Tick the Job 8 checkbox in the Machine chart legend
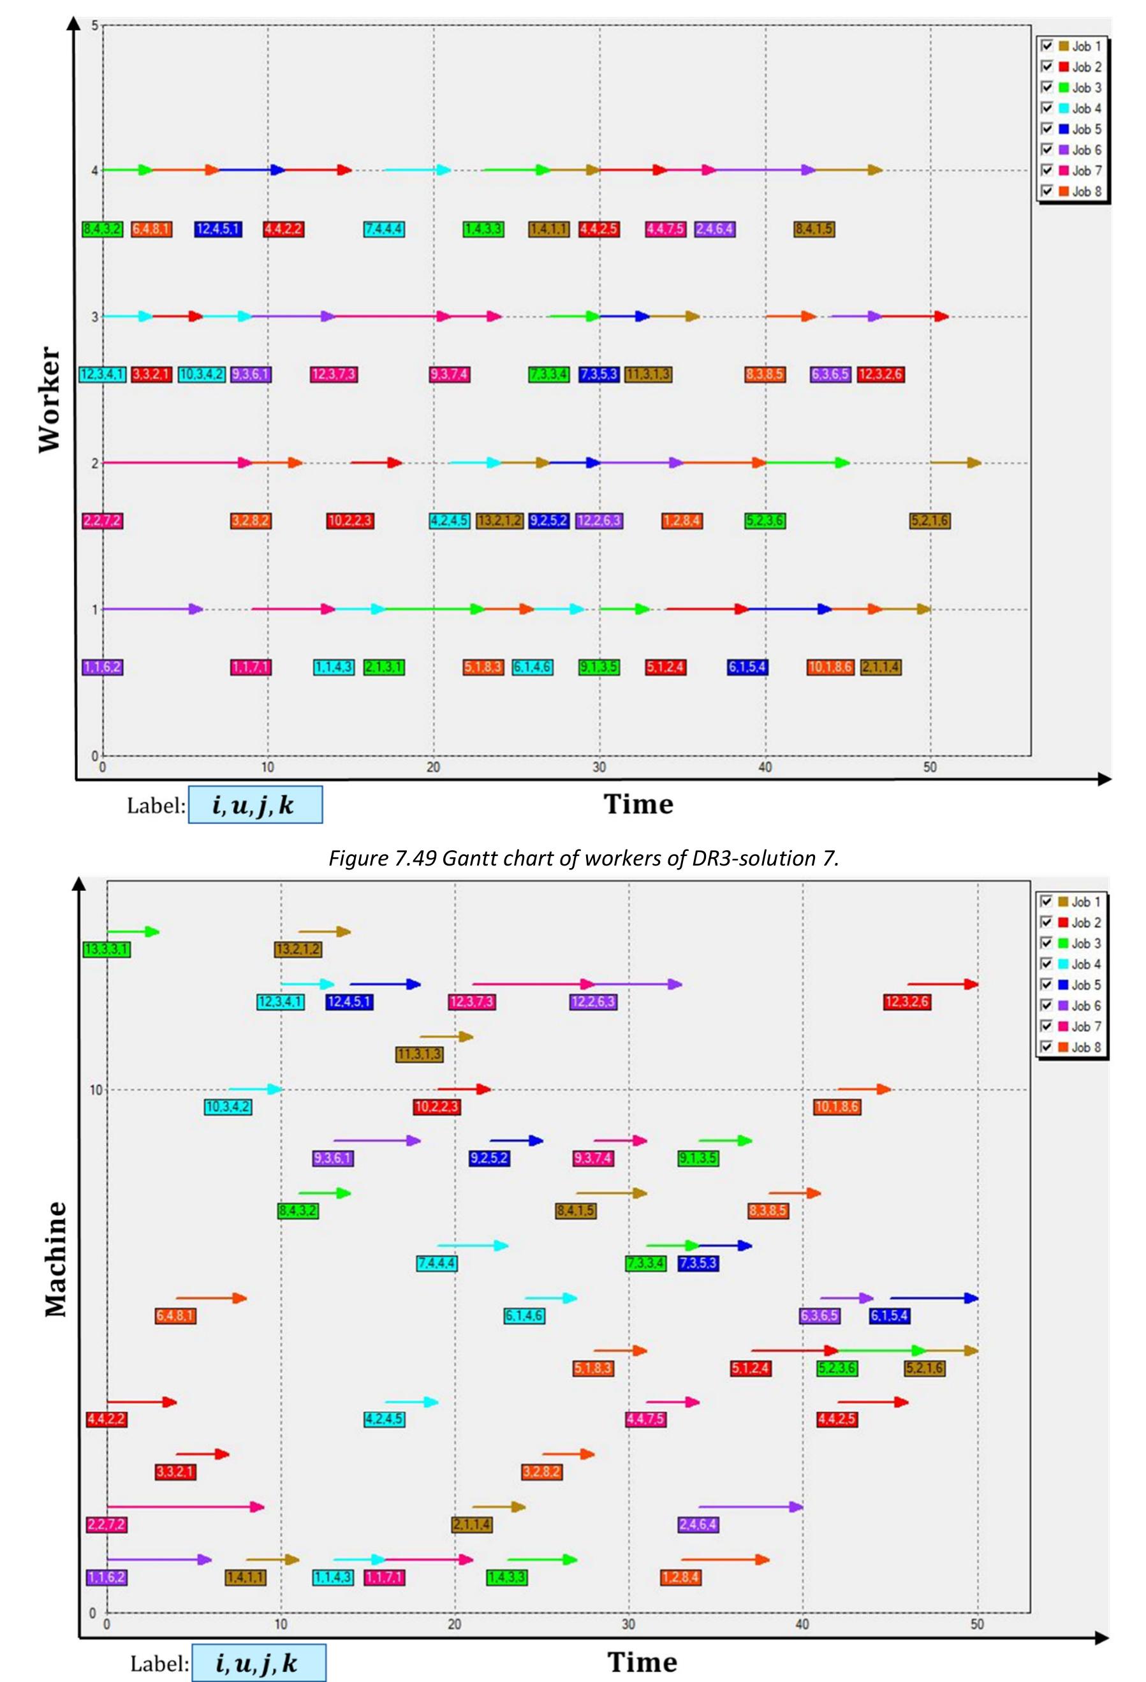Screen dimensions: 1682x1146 pos(1046,1047)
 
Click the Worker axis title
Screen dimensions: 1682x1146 pos(49,399)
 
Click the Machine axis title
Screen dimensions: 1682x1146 pos(55,1259)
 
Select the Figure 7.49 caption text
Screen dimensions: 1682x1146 pos(583,859)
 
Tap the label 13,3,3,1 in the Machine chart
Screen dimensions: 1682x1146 pos(107,950)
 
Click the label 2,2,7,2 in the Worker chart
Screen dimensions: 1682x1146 pos(102,521)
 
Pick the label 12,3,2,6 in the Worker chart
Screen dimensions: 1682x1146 pos(881,375)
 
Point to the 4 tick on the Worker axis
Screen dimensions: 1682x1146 pos(94,171)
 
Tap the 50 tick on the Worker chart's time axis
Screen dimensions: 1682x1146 pos(930,767)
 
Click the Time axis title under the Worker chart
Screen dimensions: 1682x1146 pos(638,804)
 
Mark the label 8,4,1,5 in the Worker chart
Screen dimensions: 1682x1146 pos(814,230)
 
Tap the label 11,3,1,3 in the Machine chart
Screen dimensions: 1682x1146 pos(420,1054)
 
